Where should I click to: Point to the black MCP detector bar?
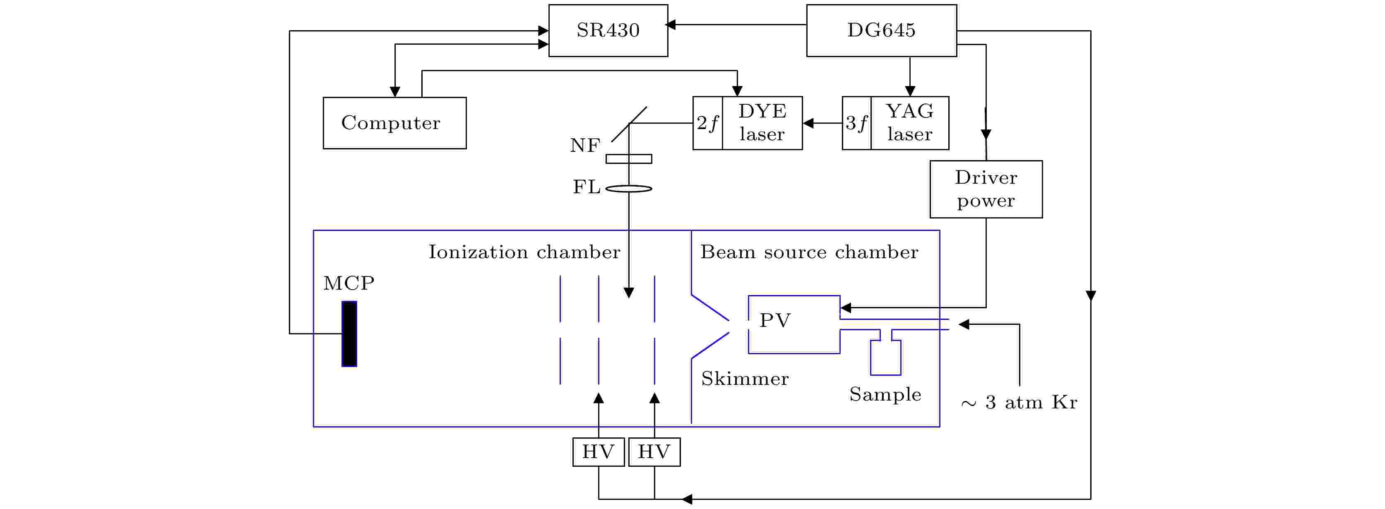(x=349, y=334)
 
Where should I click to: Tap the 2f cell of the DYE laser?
(x=707, y=123)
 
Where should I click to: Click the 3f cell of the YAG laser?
(x=856, y=123)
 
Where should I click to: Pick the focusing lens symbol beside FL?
(x=628, y=189)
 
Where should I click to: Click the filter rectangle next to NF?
(x=628, y=159)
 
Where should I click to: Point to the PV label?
(x=775, y=320)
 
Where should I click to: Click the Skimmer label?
(x=745, y=379)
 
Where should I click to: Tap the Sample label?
(x=885, y=394)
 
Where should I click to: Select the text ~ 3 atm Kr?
(x=1019, y=403)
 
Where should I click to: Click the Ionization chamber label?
(x=524, y=252)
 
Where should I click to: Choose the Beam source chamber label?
(x=809, y=252)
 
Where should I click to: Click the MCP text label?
(x=349, y=283)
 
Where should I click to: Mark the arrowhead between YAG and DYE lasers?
(x=808, y=123)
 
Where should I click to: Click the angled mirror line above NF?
(x=629, y=124)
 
